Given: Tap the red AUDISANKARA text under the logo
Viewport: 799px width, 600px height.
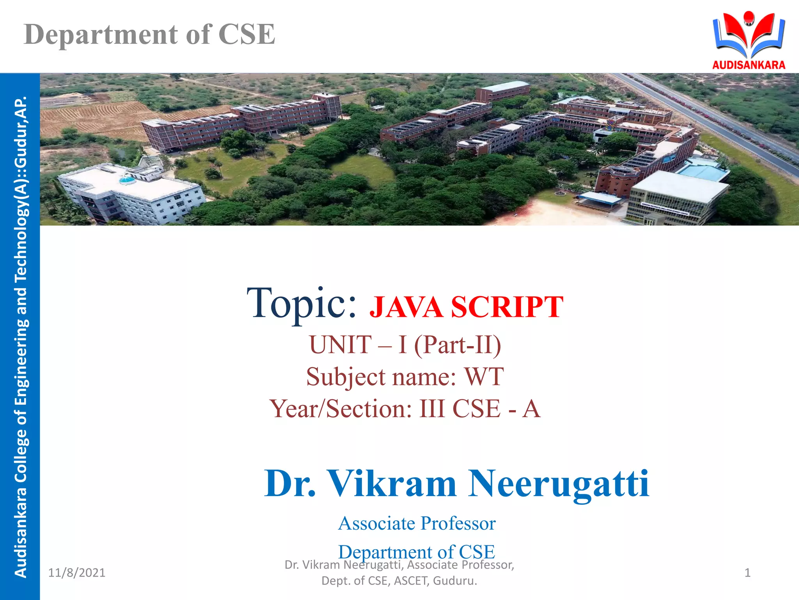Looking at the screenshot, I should click(749, 65).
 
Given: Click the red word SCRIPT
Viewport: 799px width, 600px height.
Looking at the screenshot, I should click(507, 307).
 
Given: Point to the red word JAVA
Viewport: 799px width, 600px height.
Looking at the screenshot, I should click(406, 307).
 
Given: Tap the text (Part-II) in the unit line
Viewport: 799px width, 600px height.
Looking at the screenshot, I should click(457, 345).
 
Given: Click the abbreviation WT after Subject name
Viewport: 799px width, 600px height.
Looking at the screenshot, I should click(484, 377).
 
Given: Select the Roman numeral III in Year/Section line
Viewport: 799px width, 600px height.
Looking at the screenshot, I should click(432, 409).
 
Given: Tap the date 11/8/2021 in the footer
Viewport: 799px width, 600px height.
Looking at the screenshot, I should click(76, 573).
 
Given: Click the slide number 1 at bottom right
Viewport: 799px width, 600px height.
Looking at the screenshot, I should click(748, 573).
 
